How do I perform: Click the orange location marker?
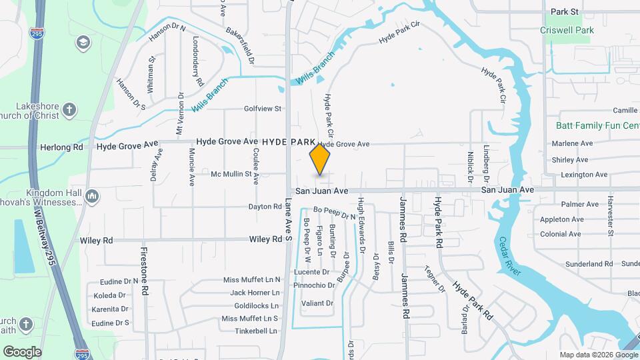click(320, 159)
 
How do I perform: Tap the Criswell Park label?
click(568, 30)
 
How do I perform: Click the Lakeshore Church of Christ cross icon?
click(70, 109)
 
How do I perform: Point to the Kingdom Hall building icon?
click(92, 196)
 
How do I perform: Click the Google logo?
click(22, 351)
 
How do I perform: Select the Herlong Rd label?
click(61, 147)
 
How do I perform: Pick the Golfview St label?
click(263, 108)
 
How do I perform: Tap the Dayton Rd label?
click(265, 207)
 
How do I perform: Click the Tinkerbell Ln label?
click(249, 331)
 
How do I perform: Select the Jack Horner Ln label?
click(255, 293)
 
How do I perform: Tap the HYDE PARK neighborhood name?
click(288, 142)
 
